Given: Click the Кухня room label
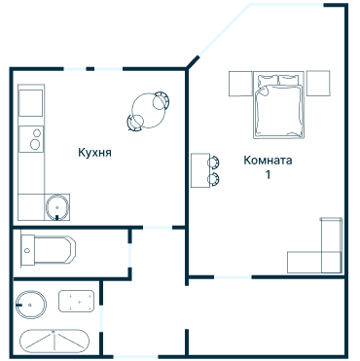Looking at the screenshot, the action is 94,152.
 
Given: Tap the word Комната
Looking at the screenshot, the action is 268,161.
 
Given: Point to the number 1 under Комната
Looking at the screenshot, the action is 268,175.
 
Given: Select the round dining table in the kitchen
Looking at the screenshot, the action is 149,111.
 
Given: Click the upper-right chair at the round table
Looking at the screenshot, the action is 162,100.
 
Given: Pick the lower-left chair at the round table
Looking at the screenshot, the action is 135,123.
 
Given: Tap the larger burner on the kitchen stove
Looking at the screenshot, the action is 35,144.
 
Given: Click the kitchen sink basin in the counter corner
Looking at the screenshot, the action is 57,207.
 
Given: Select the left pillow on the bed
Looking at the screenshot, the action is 268,80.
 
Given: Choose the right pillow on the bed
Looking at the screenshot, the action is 288,80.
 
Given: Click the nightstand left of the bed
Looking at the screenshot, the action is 240,84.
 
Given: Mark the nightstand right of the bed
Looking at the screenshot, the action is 318,84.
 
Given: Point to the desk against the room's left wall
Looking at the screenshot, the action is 200,170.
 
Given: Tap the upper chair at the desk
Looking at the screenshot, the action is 213,162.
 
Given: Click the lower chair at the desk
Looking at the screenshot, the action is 213,179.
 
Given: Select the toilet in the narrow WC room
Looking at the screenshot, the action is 49,250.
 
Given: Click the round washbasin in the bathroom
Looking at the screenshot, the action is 31,305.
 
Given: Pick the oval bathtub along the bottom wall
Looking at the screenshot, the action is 54,343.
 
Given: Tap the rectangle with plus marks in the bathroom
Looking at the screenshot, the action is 76,302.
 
